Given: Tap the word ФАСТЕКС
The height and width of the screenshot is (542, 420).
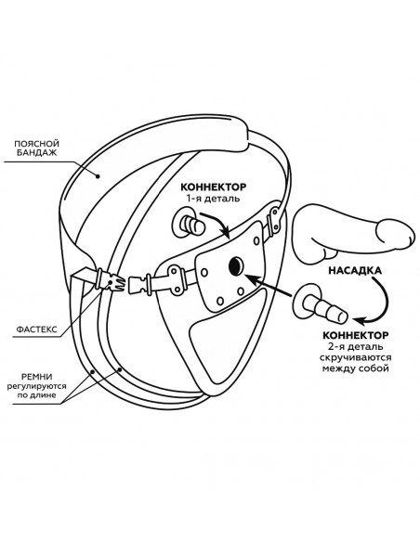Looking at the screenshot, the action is point(36,329).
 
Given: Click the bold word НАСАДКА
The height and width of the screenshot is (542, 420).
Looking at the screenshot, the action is point(355,270).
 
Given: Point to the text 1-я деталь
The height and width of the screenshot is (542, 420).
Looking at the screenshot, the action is point(213,199).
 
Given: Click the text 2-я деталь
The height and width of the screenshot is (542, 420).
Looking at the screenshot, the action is point(355,346).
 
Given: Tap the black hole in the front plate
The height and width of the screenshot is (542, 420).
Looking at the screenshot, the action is point(236,266).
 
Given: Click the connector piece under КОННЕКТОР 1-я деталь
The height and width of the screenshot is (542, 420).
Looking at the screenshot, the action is point(190,225).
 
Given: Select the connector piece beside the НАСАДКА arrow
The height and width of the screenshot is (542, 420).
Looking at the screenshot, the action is point(320,303).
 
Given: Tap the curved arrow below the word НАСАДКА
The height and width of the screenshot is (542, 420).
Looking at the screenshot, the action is point(376,302).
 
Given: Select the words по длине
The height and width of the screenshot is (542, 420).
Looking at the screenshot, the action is point(36,394).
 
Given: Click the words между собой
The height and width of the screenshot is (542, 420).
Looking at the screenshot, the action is point(355,368).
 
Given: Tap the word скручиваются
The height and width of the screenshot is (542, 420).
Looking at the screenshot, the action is point(355,357).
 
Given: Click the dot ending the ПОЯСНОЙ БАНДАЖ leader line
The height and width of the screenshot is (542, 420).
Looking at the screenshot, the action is point(98,176).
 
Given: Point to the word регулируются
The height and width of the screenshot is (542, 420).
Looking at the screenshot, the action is point(36,386).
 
